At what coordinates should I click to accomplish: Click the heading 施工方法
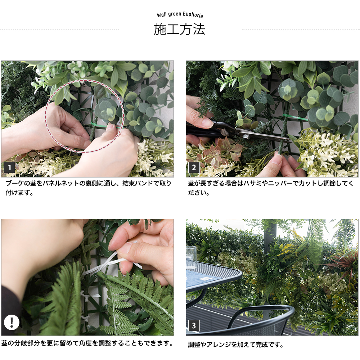179,29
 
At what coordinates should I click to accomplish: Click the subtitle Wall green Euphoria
180,15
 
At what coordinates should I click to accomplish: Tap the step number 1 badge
9,168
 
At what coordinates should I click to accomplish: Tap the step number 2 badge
194,168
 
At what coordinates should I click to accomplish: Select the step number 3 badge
194,325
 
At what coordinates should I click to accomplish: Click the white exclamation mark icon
12,322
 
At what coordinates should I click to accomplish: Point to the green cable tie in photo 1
101,126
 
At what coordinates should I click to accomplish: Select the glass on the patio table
191,257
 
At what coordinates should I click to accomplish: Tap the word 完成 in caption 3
261,345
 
